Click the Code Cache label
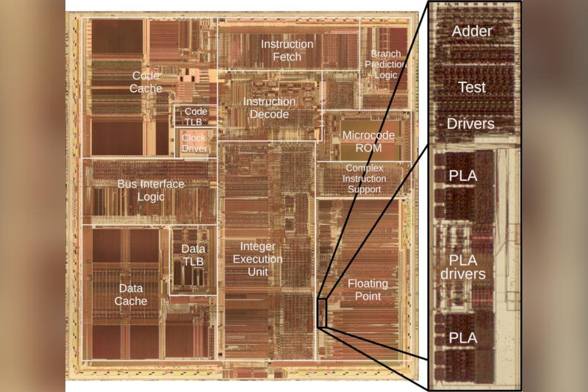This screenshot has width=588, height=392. (x=146, y=82)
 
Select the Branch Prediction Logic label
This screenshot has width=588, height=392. (x=385, y=64)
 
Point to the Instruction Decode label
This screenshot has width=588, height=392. (x=269, y=107)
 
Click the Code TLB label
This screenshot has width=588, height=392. (x=196, y=115)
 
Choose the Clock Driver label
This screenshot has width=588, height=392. (x=195, y=143)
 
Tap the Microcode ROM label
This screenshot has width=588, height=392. (x=368, y=141)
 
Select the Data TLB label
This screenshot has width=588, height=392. (x=193, y=255)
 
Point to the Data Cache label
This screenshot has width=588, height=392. (x=131, y=294)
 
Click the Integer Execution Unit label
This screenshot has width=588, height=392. (x=257, y=259)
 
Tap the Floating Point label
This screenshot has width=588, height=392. (x=367, y=290)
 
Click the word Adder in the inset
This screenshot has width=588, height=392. (x=472, y=31)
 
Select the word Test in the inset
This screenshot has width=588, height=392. (x=472, y=87)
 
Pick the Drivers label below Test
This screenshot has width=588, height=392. (x=471, y=124)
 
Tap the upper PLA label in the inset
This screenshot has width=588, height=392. (x=463, y=177)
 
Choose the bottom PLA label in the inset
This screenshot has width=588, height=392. (x=463, y=338)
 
